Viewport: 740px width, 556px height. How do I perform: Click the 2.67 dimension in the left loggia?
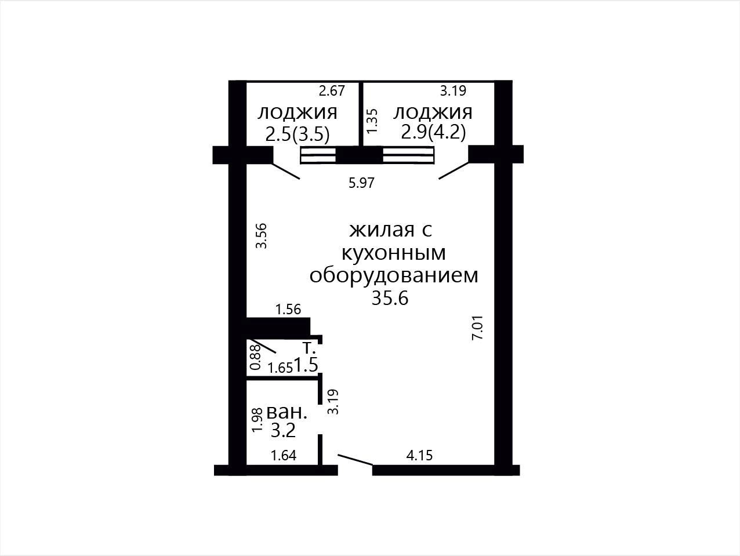pyautogui.click(x=332, y=90)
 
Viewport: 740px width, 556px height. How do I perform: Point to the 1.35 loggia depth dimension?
pyautogui.click(x=372, y=121)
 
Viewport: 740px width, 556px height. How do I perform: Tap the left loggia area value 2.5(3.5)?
pyautogui.click(x=298, y=135)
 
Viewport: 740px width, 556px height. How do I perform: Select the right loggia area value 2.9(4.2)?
pyautogui.click(x=433, y=132)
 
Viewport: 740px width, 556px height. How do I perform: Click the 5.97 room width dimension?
pyautogui.click(x=361, y=183)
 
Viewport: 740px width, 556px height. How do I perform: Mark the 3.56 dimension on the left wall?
pyautogui.click(x=262, y=236)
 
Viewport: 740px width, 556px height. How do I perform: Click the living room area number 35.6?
pyautogui.click(x=390, y=298)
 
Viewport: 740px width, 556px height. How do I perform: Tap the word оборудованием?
pyautogui.click(x=394, y=275)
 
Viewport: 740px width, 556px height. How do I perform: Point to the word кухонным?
pyautogui.click(x=394, y=253)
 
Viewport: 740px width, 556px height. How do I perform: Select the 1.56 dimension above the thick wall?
pyautogui.click(x=288, y=309)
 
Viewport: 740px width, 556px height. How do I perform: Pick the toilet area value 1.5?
pyautogui.click(x=306, y=365)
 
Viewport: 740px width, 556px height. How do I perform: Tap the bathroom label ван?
pyautogui.click(x=287, y=412)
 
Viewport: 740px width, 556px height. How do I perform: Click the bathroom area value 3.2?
pyautogui.click(x=283, y=430)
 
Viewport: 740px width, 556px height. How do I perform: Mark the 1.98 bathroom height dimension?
pyautogui.click(x=257, y=420)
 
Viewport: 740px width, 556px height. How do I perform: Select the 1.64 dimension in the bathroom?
pyautogui.click(x=284, y=456)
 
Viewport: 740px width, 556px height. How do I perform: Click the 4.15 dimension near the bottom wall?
pyautogui.click(x=419, y=456)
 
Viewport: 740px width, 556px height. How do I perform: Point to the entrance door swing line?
pyautogui.click(x=356, y=460)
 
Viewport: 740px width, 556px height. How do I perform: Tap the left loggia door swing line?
pyautogui.click(x=286, y=171)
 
